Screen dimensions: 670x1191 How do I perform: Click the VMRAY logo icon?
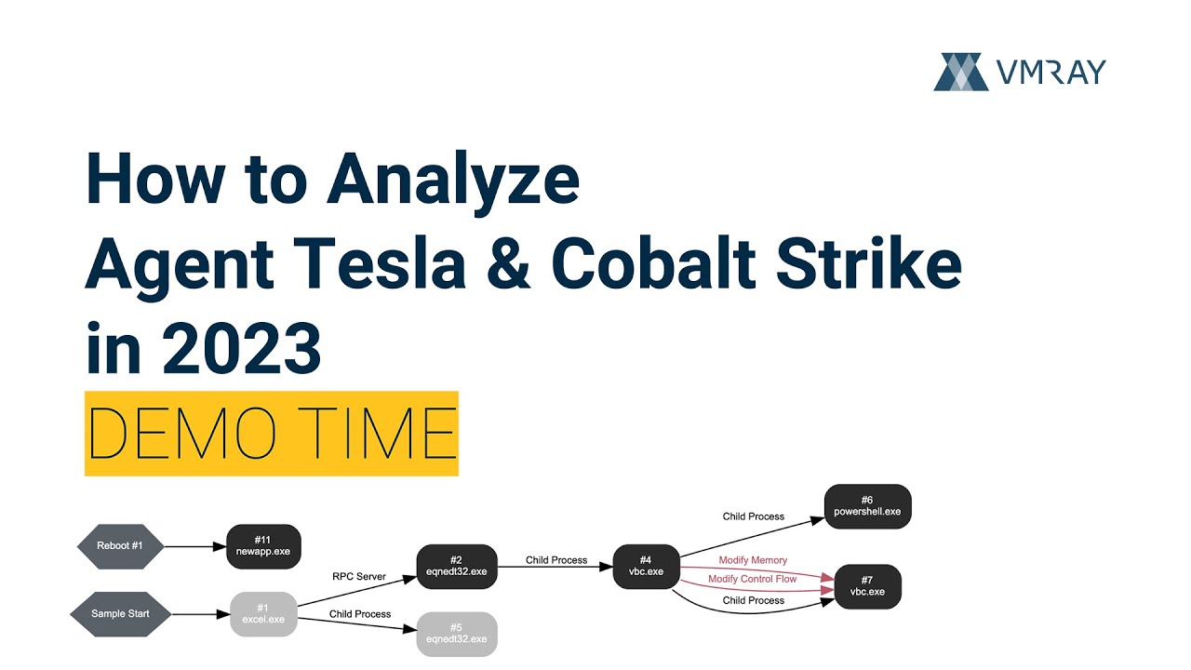point(961,72)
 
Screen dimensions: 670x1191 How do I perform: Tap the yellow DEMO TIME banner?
point(271,434)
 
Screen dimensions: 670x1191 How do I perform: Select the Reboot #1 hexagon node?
point(119,545)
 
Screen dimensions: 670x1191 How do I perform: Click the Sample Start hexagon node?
point(119,614)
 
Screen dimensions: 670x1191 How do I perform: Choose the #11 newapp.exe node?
point(263,545)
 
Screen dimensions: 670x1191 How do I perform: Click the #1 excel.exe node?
point(263,614)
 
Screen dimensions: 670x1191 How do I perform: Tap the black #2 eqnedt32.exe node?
point(456,566)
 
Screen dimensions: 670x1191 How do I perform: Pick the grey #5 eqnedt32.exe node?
point(456,633)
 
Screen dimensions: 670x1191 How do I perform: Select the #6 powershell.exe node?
point(867,506)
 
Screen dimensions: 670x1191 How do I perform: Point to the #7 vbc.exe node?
point(867,586)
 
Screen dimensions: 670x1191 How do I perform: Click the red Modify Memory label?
point(753,560)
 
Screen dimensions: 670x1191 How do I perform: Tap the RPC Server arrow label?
point(359,577)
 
